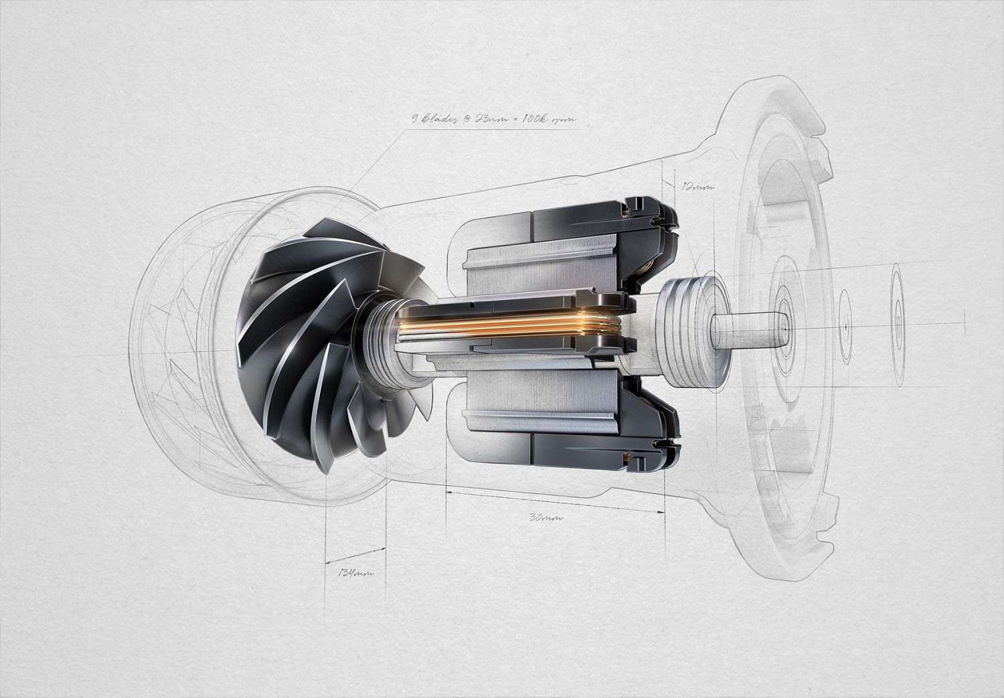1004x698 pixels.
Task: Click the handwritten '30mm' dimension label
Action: point(546,517)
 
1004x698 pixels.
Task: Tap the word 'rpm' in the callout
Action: point(564,121)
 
